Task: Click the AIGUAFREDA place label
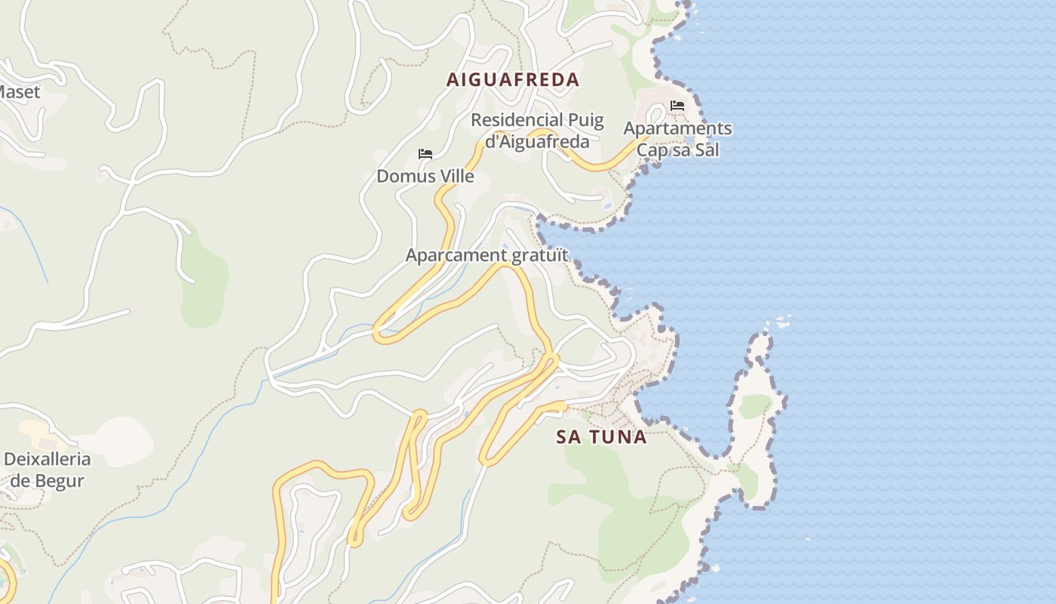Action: click(513, 79)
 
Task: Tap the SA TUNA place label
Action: click(601, 436)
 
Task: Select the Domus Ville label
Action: click(425, 176)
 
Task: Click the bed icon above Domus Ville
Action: click(425, 154)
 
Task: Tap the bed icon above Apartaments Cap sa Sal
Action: click(677, 106)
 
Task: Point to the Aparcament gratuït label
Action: click(487, 255)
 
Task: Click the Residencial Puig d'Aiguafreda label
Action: click(537, 130)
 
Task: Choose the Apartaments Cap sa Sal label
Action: click(677, 139)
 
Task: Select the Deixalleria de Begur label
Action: click(47, 470)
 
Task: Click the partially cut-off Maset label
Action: click(20, 91)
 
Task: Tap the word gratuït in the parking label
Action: click(539, 255)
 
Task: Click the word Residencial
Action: click(517, 120)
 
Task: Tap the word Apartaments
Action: click(677, 128)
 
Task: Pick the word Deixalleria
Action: click(47, 459)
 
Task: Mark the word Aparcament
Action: click(457, 255)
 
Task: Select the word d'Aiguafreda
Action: click(537, 141)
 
